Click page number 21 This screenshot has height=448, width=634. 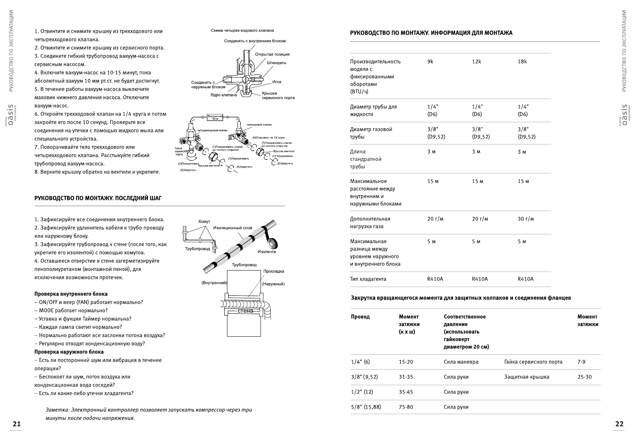tap(17, 424)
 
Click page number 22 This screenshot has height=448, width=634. tap(619, 424)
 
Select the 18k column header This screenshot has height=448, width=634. tap(522, 62)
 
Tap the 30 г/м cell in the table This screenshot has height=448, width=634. tap(526, 219)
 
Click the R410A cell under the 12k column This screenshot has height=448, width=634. tap(480, 279)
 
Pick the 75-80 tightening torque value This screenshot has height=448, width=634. tap(406, 407)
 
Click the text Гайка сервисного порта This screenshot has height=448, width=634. tap(533, 362)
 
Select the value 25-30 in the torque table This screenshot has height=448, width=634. tap(584, 377)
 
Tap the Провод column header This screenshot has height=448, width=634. tap(360, 317)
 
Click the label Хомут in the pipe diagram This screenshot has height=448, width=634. tap(204, 222)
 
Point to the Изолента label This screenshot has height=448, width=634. tap(267, 252)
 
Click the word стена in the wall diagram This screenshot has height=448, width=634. tap(245, 311)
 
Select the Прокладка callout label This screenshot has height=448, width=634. tap(274, 271)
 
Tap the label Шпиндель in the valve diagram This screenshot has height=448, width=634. tap(276, 63)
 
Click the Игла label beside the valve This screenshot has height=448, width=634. tap(277, 82)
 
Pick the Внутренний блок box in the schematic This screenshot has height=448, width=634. tap(215, 117)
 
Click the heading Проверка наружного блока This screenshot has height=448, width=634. tap(69, 352)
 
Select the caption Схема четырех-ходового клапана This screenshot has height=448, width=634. tap(242, 30)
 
